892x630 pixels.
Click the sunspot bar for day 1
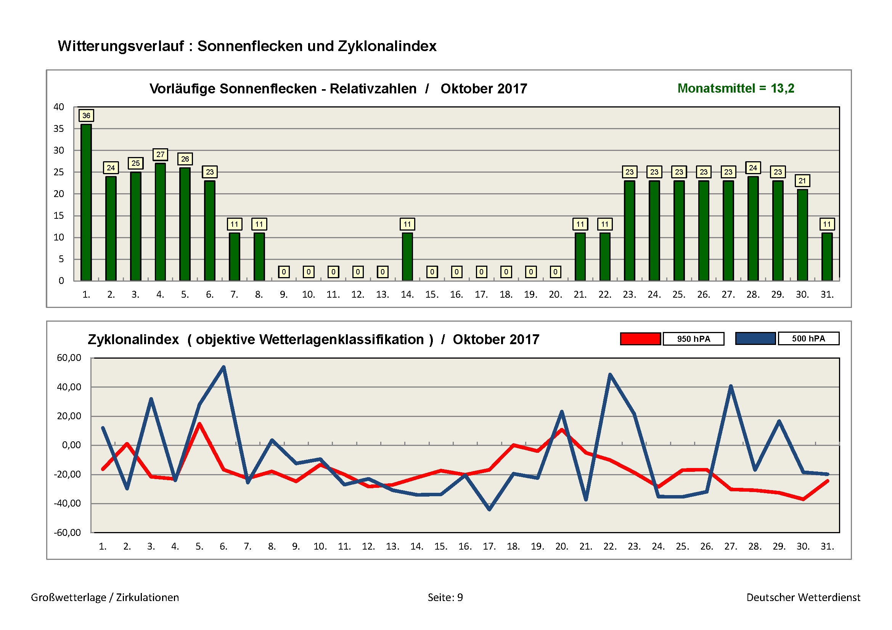pyautogui.click(x=86, y=202)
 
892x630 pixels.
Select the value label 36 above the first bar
pyautogui.click(x=86, y=115)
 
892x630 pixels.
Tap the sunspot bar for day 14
pyautogui.click(x=407, y=256)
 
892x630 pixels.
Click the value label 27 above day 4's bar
pyautogui.click(x=160, y=154)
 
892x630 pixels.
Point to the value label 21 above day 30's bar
pyautogui.click(x=802, y=181)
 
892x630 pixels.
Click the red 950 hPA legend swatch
pyautogui.click(x=640, y=339)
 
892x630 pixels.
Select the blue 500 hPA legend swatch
pyautogui.click(x=755, y=338)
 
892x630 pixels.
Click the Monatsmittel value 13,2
pyautogui.click(x=783, y=88)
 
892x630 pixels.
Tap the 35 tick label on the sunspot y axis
pyautogui.click(x=59, y=128)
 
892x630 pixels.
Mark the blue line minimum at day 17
pyautogui.click(x=489, y=509)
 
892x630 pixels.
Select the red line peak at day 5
pyautogui.click(x=199, y=424)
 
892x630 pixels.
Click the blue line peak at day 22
pyautogui.click(x=610, y=375)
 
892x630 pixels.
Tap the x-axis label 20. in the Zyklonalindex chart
pyautogui.click(x=561, y=547)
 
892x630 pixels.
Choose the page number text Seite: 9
pyautogui.click(x=445, y=597)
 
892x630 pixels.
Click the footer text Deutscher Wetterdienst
pyautogui.click(x=803, y=597)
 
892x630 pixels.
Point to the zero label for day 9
pyautogui.click(x=284, y=272)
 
